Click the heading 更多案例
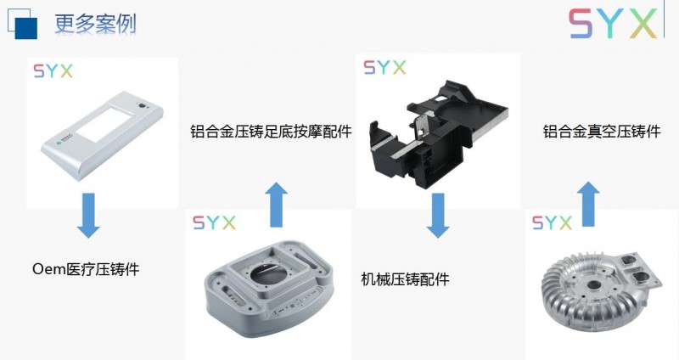[x=95, y=24]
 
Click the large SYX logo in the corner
[x=612, y=24]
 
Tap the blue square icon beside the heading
[x=23, y=24]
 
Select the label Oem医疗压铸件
[x=86, y=269]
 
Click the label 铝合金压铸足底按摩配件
[x=271, y=131]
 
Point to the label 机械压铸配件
[x=405, y=279]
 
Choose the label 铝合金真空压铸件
[x=602, y=131]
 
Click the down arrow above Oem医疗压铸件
[x=88, y=216]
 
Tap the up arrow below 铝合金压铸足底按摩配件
[x=277, y=205]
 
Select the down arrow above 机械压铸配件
[x=438, y=216]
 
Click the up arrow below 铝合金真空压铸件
[x=587, y=204]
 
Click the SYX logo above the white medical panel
[x=53, y=71]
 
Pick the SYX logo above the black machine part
[x=384, y=68]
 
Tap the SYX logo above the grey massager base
[x=214, y=222]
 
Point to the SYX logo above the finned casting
[x=552, y=222]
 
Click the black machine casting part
[x=437, y=133]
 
